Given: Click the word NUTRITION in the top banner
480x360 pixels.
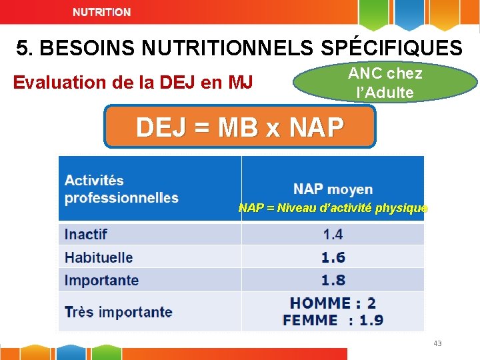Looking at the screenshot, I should pos(101,12).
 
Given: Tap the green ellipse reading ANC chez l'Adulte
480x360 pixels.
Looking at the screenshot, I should pos(385,82).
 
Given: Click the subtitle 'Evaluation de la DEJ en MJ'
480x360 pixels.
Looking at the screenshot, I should pos(133,83).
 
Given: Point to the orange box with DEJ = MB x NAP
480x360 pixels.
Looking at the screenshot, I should pos(239,126).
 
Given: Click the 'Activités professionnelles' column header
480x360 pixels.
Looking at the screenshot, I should pos(121,189).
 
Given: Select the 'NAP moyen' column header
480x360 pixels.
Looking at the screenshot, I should pos(333,189).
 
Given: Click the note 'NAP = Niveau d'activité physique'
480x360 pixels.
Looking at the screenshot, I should pos(333,208).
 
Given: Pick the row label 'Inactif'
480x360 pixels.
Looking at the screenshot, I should pos(86,234).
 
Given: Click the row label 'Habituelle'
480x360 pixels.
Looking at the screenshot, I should pos(99,257).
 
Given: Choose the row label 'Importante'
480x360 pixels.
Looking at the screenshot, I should pos(101,280).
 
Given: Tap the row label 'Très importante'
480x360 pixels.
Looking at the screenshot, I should pos(118,312).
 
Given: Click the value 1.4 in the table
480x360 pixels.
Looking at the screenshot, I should pos(333,234).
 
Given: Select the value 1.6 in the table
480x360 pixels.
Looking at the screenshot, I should pos(333,257).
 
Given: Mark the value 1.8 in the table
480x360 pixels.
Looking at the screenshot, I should pos(333,280).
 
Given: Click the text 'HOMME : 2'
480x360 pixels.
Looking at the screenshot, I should pos(333,303).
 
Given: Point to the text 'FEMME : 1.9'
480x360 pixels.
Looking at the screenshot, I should pos(333,320).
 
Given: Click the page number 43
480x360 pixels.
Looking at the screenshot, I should pos(437,343).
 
